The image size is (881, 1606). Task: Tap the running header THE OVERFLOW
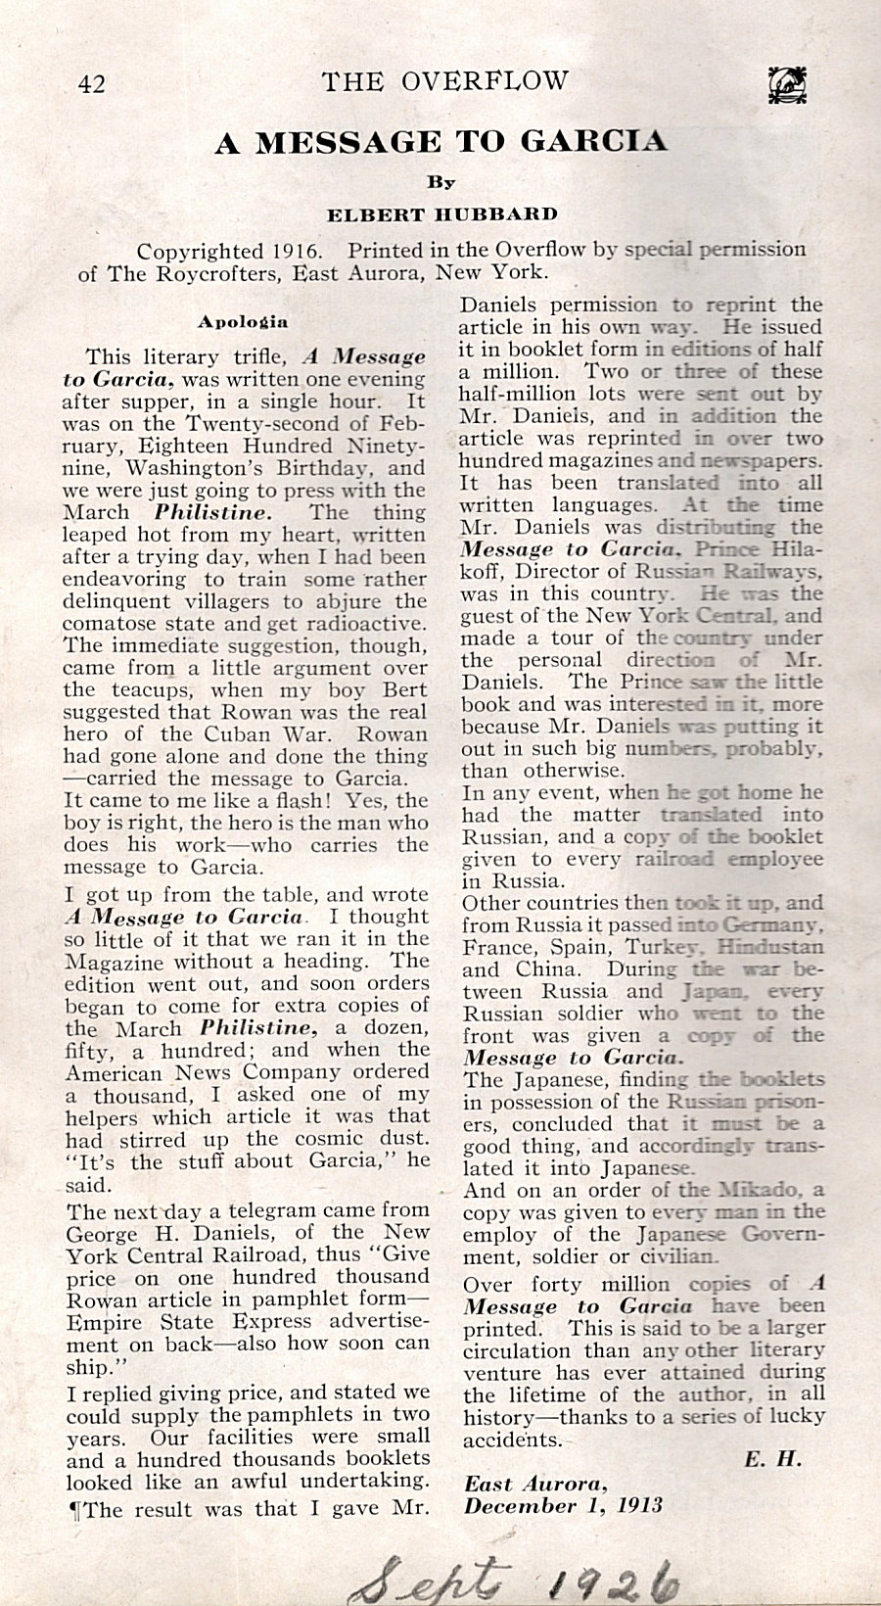[445, 81]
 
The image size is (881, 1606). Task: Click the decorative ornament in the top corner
[786, 84]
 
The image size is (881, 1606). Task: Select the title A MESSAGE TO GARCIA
[441, 142]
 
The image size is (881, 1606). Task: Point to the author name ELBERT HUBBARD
[441, 214]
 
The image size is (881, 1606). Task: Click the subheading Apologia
[243, 321]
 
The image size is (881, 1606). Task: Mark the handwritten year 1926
[613, 1573]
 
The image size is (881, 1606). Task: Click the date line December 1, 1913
[564, 1505]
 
